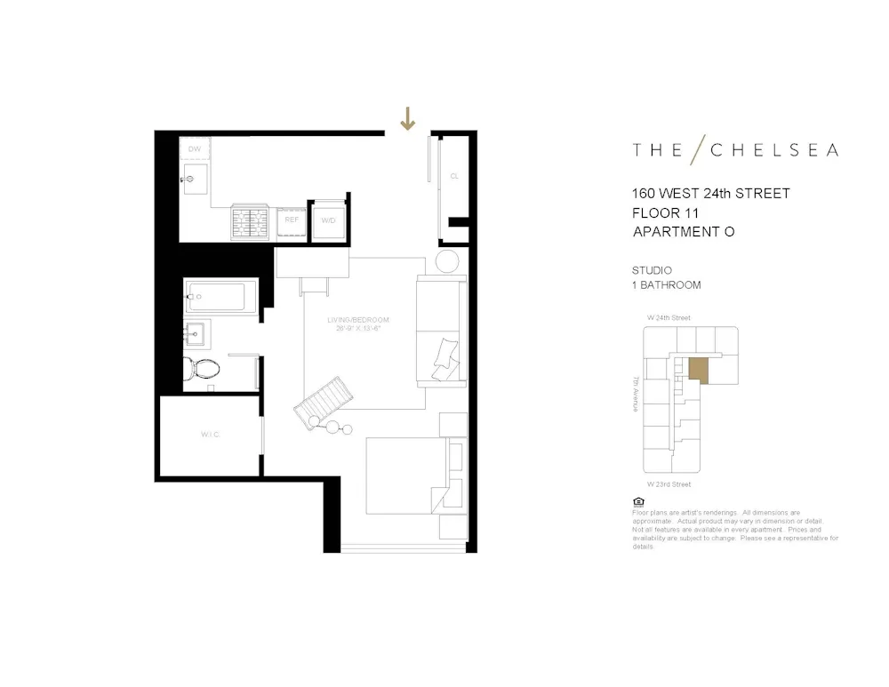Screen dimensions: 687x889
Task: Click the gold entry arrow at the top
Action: (x=407, y=118)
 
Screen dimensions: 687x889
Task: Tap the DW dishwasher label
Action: (x=194, y=149)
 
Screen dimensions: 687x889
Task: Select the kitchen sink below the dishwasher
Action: (x=194, y=179)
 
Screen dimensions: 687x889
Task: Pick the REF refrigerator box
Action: (x=292, y=220)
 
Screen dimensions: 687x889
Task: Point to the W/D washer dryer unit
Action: (x=328, y=220)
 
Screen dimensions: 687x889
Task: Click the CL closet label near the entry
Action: (x=454, y=176)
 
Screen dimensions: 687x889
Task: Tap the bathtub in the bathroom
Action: (x=221, y=295)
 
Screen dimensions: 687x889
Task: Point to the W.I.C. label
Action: (x=210, y=435)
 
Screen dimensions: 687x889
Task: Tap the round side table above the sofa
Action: (x=447, y=261)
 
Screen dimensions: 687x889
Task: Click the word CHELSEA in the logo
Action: (x=773, y=150)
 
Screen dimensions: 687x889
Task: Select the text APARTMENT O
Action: (x=684, y=232)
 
